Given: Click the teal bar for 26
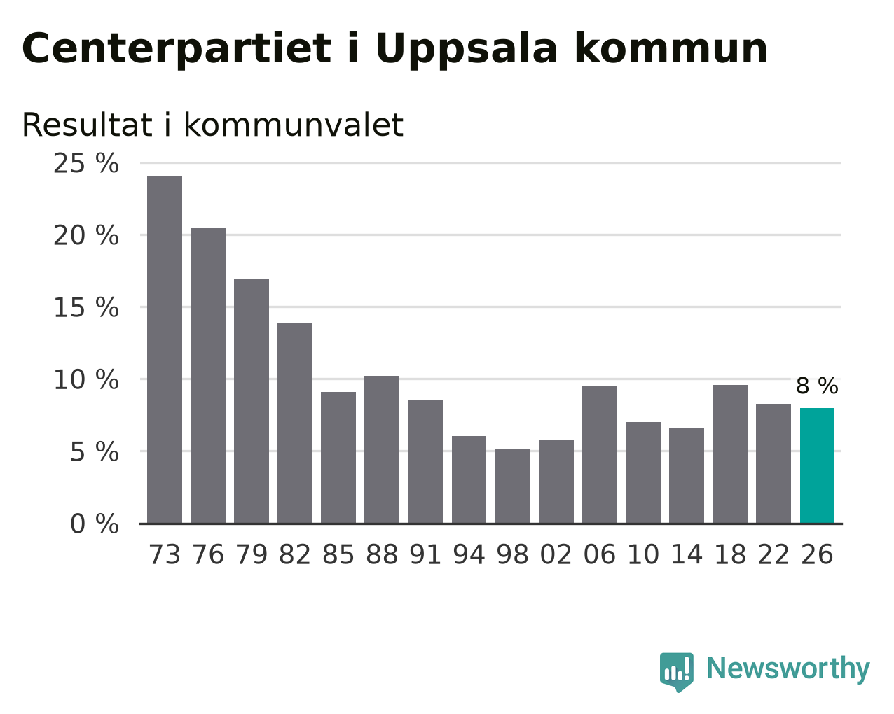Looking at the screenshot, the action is (817, 465).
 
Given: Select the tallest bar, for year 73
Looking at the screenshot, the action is (165, 350).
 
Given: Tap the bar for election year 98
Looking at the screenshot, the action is (512, 486).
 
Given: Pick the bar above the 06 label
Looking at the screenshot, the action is (600, 455).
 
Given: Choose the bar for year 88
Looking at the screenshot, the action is (382, 449).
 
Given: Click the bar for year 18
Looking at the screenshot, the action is (730, 454).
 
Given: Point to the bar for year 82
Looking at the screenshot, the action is (295, 423).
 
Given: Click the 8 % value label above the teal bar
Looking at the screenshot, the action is (817, 386).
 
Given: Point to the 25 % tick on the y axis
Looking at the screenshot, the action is (86, 163).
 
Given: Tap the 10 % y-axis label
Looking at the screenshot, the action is (86, 380).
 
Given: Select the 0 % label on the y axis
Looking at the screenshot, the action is (95, 524).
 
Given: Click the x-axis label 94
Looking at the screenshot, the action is (469, 554).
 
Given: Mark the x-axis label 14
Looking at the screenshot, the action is (687, 554).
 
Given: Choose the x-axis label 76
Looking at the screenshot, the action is (208, 554).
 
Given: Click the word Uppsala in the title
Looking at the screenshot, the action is (466, 50).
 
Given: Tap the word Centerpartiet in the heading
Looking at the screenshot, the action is (177, 50).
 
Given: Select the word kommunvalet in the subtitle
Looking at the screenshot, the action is (294, 125).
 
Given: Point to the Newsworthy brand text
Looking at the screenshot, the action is (788, 668).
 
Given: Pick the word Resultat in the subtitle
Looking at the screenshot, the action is (87, 125).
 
